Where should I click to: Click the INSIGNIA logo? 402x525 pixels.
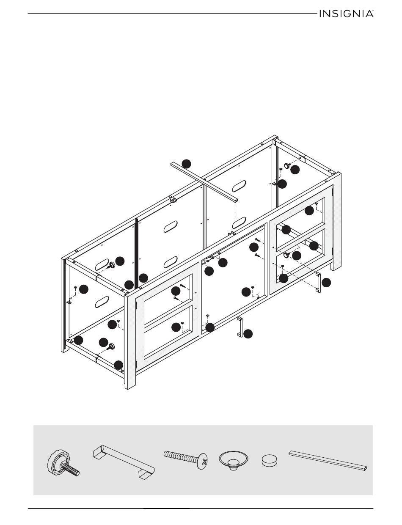pyautogui.click(x=347, y=14)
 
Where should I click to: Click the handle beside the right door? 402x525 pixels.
pyautogui.click(x=318, y=282)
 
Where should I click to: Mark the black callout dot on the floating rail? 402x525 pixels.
pyautogui.click(x=186, y=164)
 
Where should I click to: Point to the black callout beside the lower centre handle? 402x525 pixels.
pyautogui.click(x=248, y=334)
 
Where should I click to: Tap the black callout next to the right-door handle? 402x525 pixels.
pyautogui.click(x=326, y=283)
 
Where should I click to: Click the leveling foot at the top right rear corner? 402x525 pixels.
pyautogui.click(x=287, y=166)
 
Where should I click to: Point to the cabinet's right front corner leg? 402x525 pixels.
pyautogui.click(x=336, y=221)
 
